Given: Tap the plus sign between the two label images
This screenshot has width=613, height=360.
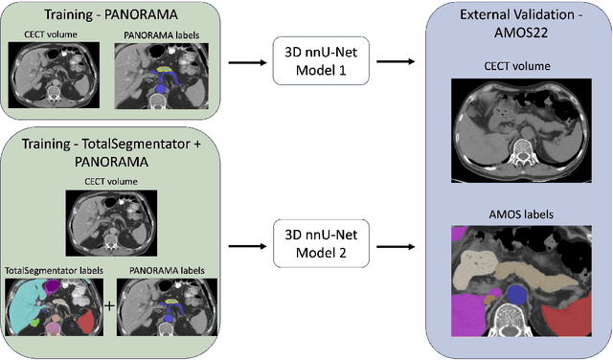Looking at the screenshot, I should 107,306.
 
